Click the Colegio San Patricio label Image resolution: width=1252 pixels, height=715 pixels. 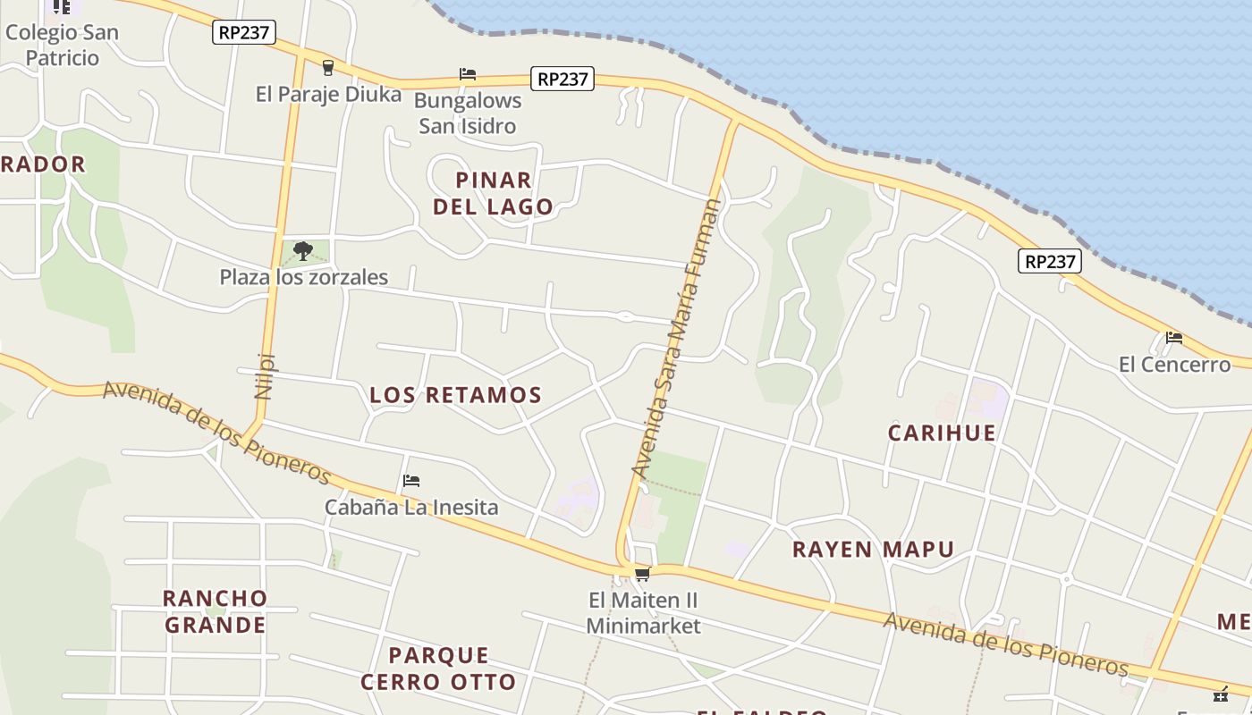62,45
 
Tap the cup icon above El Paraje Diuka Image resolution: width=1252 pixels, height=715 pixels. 328,67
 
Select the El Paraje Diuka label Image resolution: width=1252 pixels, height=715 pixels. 328,94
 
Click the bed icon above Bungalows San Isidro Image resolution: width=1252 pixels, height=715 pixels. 468,74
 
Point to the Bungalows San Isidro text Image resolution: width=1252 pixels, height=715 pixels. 468,113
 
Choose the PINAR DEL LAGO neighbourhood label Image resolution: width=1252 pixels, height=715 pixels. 494,193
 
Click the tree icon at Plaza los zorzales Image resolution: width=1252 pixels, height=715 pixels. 303,250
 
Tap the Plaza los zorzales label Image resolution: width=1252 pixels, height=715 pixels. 304,277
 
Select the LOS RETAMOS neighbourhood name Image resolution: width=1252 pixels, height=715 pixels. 456,394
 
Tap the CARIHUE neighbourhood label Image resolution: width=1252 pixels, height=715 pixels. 942,433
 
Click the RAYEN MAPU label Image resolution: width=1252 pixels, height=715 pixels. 874,549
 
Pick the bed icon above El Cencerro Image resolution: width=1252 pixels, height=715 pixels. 1174,338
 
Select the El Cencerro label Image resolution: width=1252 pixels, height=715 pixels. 1174,365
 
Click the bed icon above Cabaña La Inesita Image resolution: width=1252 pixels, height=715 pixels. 411,481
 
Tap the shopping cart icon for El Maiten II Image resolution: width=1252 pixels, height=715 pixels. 642,574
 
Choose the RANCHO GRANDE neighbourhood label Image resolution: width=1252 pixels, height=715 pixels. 216,611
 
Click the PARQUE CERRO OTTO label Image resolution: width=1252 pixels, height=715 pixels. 438,669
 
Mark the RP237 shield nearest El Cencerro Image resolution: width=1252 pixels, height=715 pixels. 1050,261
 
